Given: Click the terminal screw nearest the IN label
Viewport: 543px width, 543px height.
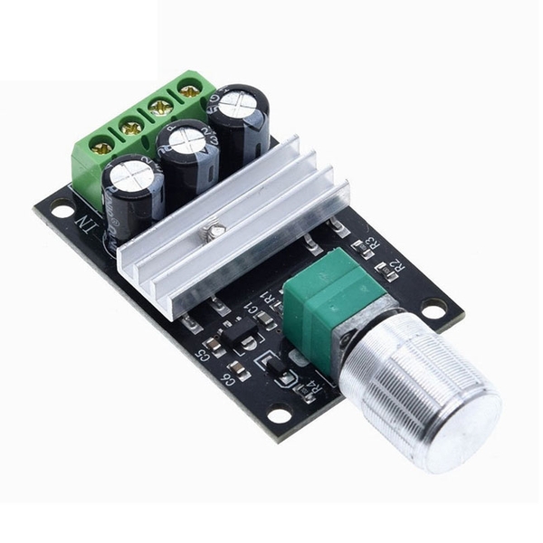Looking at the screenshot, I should coord(102,145).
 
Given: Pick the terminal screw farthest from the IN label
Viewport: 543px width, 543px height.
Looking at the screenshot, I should coord(189,90).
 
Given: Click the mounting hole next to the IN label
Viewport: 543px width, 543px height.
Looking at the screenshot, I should coord(62,210).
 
